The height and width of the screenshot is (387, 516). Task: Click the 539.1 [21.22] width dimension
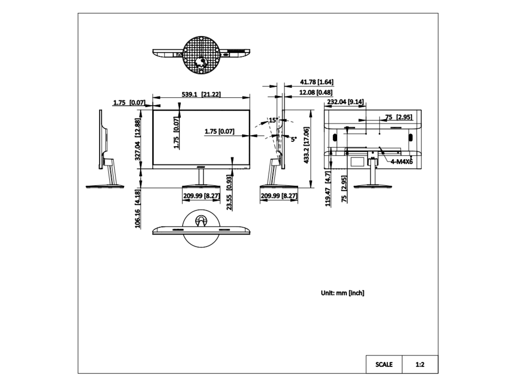201,95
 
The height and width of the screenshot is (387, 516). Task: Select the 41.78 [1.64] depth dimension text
316,82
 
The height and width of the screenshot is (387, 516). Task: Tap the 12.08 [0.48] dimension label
316,92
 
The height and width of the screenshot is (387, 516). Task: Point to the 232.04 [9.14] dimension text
345,102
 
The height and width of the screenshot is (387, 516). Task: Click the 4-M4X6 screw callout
402,162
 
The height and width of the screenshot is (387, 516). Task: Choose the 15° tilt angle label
273,120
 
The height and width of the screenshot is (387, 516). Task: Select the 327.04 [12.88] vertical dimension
138,139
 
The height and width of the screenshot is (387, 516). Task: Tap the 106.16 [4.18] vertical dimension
138,209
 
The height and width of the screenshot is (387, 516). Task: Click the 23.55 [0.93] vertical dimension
229,193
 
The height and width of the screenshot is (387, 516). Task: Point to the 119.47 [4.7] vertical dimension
328,189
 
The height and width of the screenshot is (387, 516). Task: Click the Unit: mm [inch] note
343,293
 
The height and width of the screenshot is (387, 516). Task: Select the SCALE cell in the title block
384,365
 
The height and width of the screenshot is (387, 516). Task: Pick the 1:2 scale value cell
420,365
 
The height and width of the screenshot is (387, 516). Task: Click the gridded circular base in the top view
202,55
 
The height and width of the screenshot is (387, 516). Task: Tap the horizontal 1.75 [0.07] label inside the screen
220,131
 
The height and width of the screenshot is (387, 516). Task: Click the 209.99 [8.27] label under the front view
202,196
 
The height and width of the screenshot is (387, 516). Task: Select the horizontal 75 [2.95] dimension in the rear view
399,117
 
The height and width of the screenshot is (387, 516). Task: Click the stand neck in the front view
201,177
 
